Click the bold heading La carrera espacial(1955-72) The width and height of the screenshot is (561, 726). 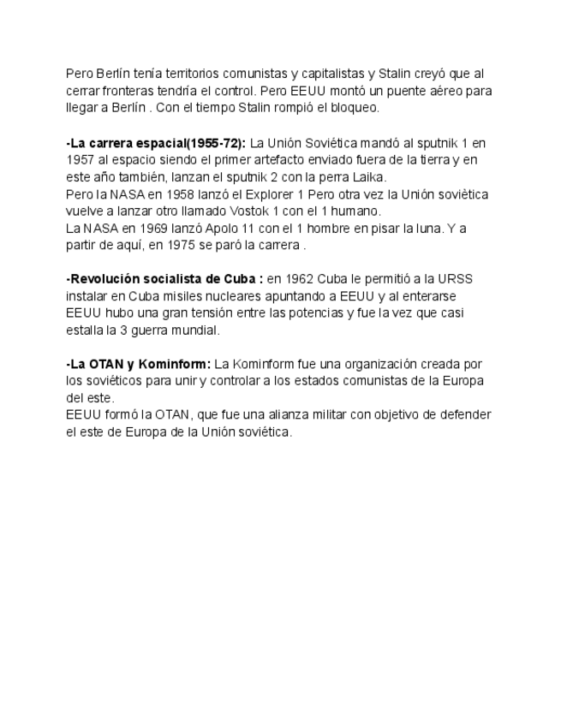click(156, 143)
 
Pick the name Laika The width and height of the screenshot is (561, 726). click(368, 177)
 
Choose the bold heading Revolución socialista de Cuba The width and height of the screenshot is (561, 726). click(164, 280)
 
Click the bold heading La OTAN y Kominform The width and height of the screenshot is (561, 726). click(138, 364)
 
